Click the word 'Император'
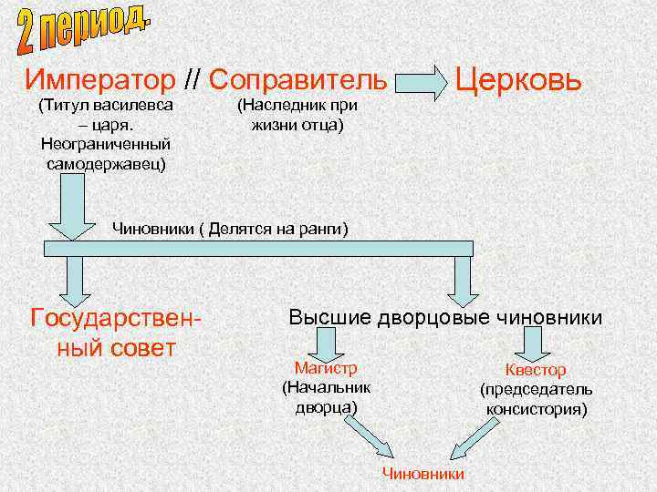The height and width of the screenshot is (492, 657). click(x=100, y=79)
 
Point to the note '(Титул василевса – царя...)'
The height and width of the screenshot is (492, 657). click(x=106, y=135)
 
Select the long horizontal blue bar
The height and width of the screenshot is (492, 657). click(x=258, y=248)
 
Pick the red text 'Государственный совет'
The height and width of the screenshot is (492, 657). click(x=115, y=333)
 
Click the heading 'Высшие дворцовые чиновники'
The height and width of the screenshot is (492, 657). click(x=445, y=318)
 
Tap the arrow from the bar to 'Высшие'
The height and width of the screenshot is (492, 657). click(x=464, y=280)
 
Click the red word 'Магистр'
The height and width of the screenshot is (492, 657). click(x=325, y=368)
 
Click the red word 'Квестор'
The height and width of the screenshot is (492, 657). click(x=536, y=370)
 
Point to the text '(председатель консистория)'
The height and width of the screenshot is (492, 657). click(x=537, y=399)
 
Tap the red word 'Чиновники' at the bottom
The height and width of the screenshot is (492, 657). click(x=422, y=474)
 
